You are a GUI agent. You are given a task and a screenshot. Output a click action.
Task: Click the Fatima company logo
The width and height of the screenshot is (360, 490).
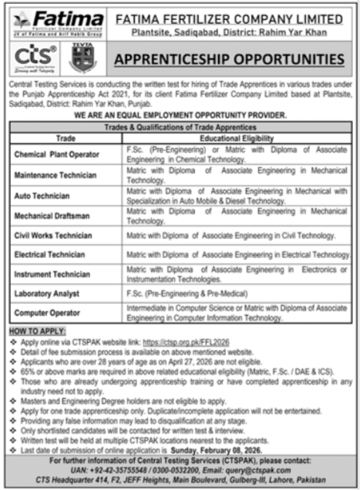[x=57, y=22]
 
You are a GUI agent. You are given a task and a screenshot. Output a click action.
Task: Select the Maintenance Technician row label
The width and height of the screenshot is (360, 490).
[x=55, y=176]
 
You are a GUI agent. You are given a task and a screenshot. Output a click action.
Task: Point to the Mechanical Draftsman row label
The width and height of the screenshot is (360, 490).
[x=52, y=213]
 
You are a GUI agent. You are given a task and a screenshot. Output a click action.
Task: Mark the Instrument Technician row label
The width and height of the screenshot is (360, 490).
[x=52, y=273]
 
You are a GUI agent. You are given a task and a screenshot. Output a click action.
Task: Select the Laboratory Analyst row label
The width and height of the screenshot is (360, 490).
[x=48, y=293]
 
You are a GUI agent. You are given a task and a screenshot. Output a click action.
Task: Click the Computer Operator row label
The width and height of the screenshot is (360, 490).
[x=48, y=313]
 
